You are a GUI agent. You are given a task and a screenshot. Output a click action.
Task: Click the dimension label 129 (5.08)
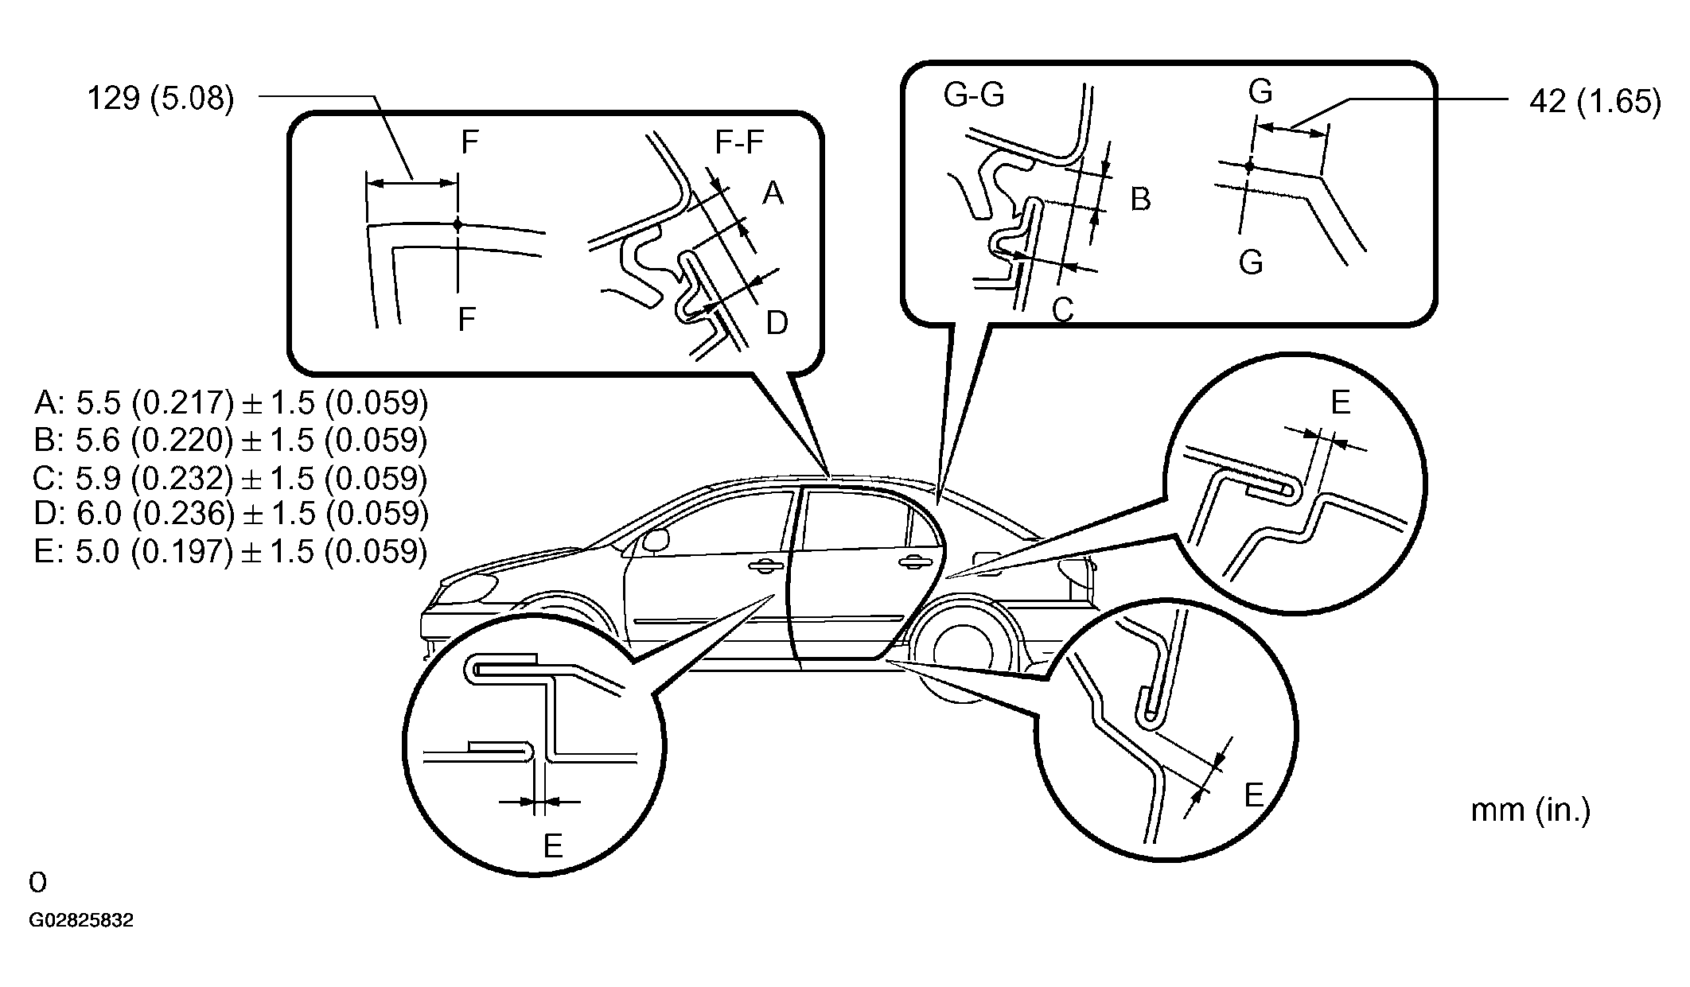pos(160,100)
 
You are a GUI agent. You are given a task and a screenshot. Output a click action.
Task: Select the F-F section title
pos(739,142)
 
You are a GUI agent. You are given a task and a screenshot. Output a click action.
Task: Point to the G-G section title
pos(973,95)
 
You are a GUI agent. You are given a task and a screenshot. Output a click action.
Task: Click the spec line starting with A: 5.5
pos(232,403)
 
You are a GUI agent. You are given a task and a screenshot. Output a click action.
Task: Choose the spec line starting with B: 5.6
pos(232,440)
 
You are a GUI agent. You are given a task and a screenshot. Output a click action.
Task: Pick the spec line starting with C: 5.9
pos(232,478)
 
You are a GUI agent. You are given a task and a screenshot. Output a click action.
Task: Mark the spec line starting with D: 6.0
pos(232,514)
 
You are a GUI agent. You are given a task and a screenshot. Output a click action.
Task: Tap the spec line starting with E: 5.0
pos(232,551)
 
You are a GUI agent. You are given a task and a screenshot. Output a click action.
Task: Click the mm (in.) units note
pos(1530,810)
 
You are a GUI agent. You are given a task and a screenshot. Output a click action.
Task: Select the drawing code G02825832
pos(81,921)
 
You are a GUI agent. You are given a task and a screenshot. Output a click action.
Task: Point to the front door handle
pos(765,565)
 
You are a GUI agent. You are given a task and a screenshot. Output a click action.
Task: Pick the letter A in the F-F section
pos(773,193)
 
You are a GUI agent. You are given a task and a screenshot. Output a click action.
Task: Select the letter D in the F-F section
pos(777,323)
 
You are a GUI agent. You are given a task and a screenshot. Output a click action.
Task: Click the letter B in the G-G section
pos(1140,199)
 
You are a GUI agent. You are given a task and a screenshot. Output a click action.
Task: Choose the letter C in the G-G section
pos(1063,310)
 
